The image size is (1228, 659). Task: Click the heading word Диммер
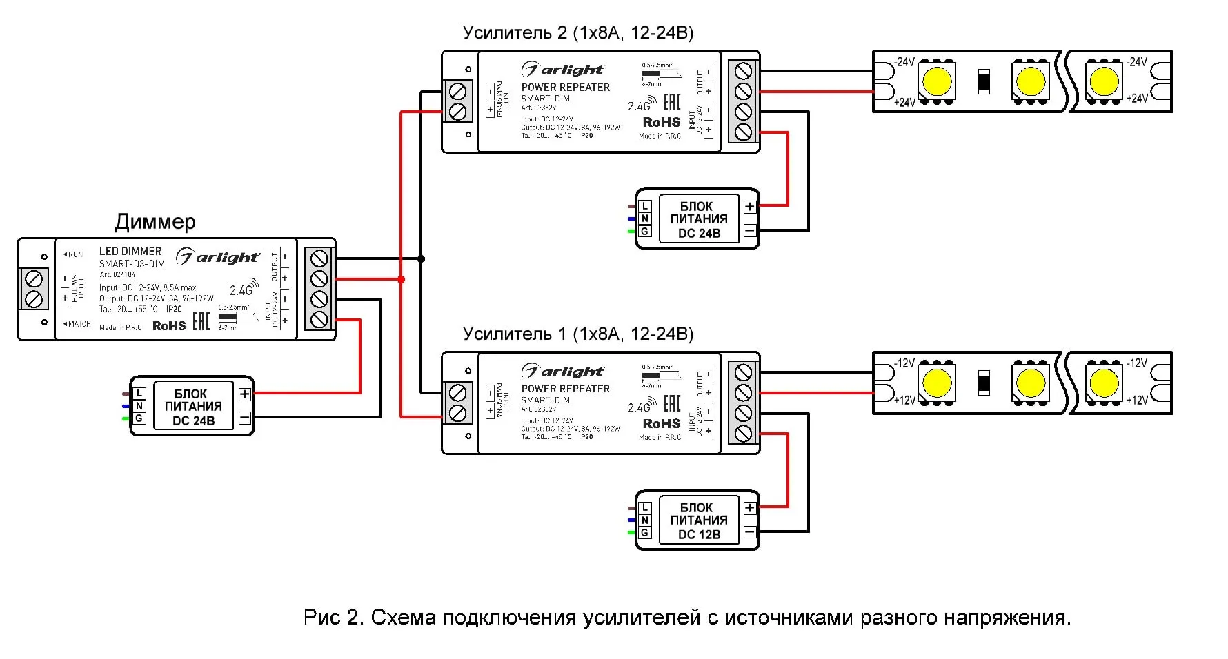(155, 222)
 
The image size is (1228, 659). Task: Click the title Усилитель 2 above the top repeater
(515, 33)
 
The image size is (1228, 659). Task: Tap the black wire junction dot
(422, 259)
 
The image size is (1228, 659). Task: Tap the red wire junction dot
(401, 279)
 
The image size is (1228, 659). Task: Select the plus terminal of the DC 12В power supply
(750, 508)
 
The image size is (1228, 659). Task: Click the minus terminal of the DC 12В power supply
(750, 531)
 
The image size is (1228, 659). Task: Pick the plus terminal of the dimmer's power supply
(244, 394)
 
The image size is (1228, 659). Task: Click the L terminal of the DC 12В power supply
(645, 508)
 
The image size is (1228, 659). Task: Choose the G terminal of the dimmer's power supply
(139, 418)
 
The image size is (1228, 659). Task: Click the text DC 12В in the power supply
(699, 534)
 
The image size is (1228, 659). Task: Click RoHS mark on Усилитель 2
(662, 122)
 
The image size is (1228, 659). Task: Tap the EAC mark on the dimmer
(201, 321)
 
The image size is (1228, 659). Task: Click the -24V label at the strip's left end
(904, 62)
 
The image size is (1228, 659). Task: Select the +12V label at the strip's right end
(1136, 400)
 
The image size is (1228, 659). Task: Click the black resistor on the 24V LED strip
(984, 81)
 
